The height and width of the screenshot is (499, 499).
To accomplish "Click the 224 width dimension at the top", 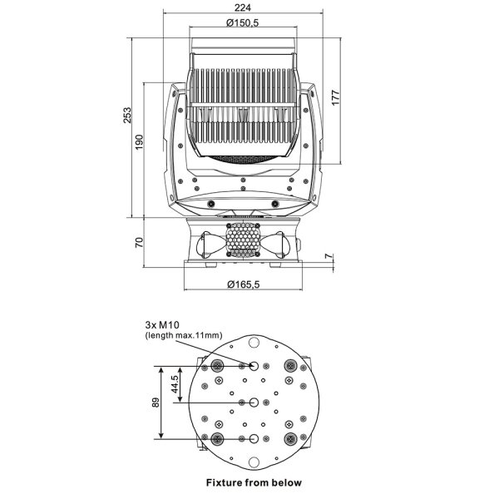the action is [243, 7].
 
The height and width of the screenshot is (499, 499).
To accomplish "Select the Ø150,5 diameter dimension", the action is [243, 22].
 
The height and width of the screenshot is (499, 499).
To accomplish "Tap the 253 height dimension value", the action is [127, 116].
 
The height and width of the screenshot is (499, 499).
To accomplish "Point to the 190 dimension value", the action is [139, 142].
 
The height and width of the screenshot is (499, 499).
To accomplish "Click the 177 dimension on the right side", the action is [335, 97].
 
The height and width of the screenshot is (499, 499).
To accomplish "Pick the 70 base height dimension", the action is [139, 243].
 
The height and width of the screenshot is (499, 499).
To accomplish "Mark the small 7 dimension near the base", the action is [329, 255].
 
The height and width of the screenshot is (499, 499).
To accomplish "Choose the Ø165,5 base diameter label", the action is [244, 284].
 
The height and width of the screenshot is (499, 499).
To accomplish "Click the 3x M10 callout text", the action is [162, 325].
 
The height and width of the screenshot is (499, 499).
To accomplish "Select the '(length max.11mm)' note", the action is [184, 335].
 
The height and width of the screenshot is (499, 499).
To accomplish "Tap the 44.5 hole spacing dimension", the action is [174, 384].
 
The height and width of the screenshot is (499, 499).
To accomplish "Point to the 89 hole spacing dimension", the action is [156, 403].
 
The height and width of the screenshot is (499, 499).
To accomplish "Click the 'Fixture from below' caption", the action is [254, 482].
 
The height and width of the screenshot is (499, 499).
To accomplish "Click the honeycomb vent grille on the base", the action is [243, 240].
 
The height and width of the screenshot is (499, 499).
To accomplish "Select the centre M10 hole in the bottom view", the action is [254, 403].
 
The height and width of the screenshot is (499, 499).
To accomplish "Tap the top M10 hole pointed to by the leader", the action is [254, 366].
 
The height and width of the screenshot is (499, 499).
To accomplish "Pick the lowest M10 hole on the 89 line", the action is [254, 439].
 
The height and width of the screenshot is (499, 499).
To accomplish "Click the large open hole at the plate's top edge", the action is [254, 343].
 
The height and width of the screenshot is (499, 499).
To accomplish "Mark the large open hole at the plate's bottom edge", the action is [254, 462].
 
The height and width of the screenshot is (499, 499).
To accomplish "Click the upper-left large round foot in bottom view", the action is [217, 366].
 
